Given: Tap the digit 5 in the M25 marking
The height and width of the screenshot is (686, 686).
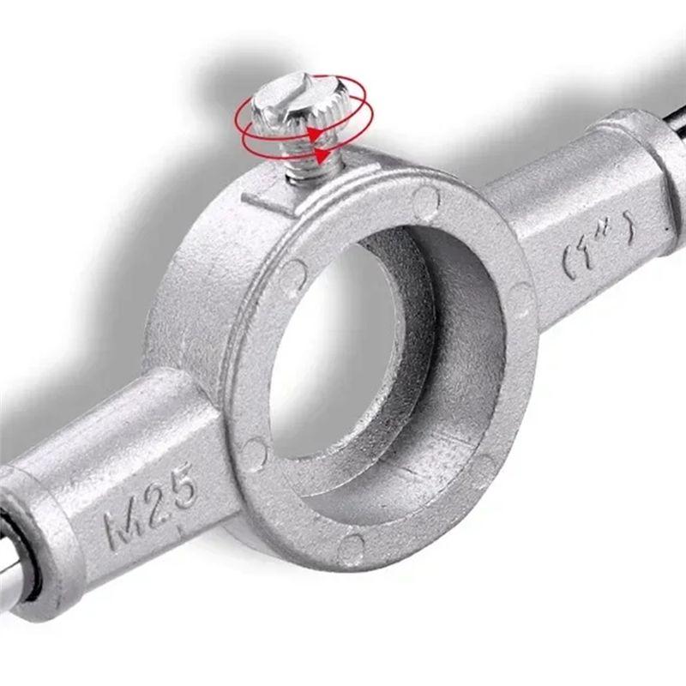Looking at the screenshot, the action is click(x=181, y=485).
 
